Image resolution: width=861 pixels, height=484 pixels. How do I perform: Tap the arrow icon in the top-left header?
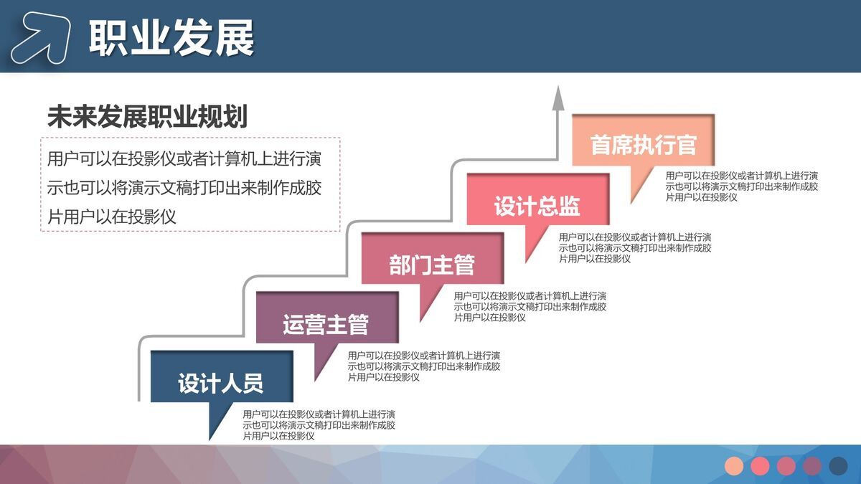tap(41, 38)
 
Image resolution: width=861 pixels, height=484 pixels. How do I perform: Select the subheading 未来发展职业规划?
tap(147, 116)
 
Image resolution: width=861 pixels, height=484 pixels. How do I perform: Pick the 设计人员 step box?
tap(221, 382)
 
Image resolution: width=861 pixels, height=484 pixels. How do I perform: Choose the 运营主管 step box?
tap(326, 323)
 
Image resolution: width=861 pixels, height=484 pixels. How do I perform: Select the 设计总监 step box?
tap(537, 206)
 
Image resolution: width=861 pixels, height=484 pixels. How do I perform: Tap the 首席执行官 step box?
tap(643, 145)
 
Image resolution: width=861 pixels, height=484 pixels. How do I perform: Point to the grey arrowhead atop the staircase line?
tap(557, 100)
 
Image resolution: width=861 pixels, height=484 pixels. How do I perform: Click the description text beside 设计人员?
tap(319, 424)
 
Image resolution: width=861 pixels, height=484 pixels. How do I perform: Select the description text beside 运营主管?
tap(423, 366)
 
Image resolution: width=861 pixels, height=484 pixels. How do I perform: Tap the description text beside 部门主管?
tap(530, 306)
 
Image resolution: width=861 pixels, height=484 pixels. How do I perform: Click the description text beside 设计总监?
tap(635, 247)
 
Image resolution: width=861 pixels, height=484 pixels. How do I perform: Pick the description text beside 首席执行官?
tap(741, 186)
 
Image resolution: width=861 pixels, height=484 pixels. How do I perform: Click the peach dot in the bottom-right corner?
tap(734, 466)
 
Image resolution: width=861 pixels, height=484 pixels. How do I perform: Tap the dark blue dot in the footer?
tap(838, 466)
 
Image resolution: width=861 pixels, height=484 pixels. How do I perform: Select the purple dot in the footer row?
tap(812, 466)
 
